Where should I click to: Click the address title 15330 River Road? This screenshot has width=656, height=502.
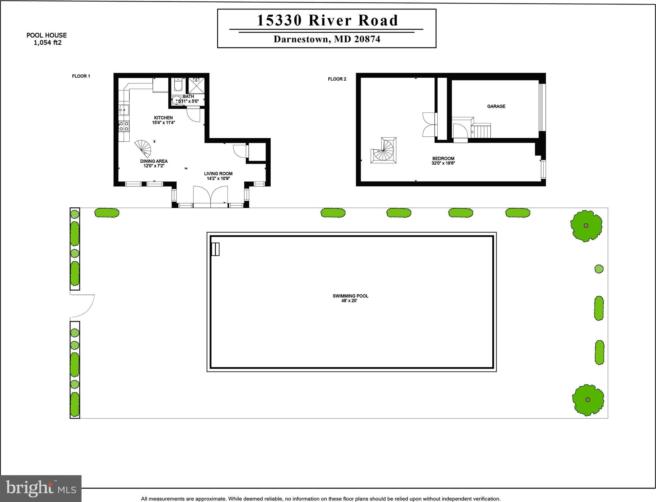click(327, 20)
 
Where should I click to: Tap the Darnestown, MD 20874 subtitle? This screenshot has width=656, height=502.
click(327, 39)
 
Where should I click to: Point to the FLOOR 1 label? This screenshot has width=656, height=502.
click(81, 76)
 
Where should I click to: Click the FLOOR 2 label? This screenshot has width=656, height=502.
click(337, 79)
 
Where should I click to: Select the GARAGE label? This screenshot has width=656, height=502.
click(496, 106)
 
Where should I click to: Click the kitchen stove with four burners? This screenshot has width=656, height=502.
click(124, 126)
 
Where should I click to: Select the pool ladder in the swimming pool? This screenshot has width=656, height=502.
click(215, 249)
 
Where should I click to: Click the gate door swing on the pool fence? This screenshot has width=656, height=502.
click(82, 305)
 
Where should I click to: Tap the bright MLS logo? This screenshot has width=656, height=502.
click(41, 488)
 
